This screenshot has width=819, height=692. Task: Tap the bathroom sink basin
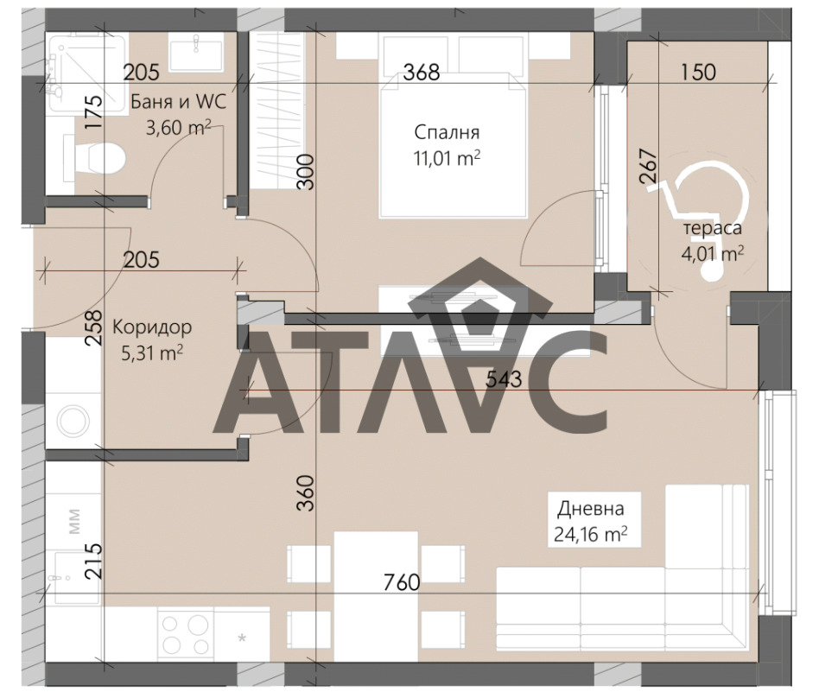(196, 51)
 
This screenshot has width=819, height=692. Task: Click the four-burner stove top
(185, 634)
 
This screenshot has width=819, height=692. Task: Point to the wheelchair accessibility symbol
(700, 219)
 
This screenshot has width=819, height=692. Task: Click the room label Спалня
(447, 133)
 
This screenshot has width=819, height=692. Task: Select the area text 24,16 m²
(591, 535)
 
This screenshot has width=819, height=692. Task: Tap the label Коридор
(152, 327)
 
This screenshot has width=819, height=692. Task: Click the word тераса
(713, 228)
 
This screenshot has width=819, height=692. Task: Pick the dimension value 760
(402, 582)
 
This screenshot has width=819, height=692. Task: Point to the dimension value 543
(504, 379)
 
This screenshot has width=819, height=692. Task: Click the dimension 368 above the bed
(422, 72)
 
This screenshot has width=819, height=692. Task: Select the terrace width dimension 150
(698, 72)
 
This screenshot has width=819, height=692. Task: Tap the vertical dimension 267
(648, 166)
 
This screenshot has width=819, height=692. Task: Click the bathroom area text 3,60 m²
(178, 127)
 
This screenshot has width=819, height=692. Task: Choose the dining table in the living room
(376, 596)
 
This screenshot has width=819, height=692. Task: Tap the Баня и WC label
(178, 101)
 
